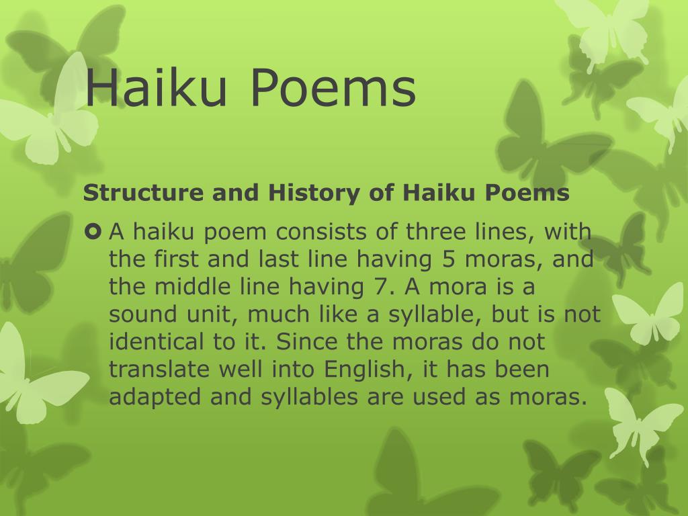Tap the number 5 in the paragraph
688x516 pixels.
(449, 259)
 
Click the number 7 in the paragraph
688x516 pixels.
(375, 287)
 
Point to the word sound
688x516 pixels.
(137, 314)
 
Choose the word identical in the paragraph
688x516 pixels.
(153, 342)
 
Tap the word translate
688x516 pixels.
(149, 370)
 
